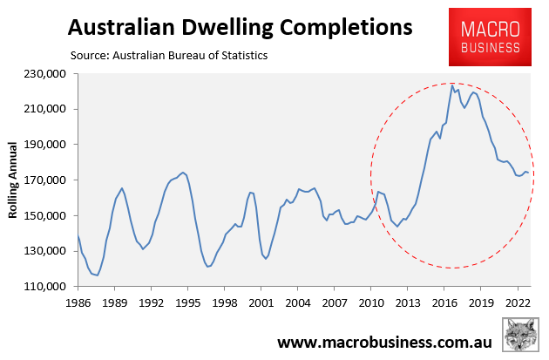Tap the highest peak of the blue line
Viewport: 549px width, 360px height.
tap(452, 85)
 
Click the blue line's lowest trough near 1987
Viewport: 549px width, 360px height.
tap(97, 275)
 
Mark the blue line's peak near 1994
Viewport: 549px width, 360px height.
tap(182, 173)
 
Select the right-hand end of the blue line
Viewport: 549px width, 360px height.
tap(528, 173)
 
